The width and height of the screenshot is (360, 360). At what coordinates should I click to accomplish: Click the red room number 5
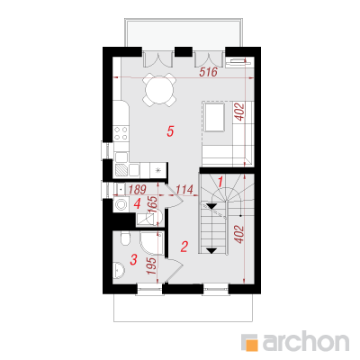pyautogui.click(x=170, y=131)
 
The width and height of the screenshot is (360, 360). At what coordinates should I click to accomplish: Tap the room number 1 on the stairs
pyautogui.click(x=220, y=182)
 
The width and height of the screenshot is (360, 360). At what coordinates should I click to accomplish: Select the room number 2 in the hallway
pyautogui.click(x=184, y=247)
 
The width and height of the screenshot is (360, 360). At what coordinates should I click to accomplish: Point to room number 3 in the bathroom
pyautogui.click(x=133, y=259)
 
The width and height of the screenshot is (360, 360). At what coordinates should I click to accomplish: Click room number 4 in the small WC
pyautogui.click(x=137, y=204)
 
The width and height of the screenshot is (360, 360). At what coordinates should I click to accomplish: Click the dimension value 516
pyautogui.click(x=208, y=72)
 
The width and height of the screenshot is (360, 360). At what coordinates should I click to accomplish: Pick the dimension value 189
pyautogui.click(x=138, y=190)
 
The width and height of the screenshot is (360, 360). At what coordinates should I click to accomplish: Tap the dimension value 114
pyautogui.click(x=184, y=190)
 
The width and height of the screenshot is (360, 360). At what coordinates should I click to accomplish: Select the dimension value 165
pyautogui.click(x=153, y=204)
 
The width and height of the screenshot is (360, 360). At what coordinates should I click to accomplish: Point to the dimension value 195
pyautogui.click(x=152, y=265)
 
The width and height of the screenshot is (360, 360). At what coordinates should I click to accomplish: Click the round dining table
pyautogui.click(x=159, y=90)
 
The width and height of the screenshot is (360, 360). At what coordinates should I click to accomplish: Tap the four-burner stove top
pyautogui.click(x=121, y=133)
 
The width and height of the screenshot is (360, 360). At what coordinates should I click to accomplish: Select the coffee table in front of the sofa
pyautogui.click(x=214, y=117)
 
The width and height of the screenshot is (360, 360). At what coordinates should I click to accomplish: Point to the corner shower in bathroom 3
pyautogui.click(x=152, y=243)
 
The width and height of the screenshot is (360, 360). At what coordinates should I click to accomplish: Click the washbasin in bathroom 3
pyautogui.click(x=120, y=270)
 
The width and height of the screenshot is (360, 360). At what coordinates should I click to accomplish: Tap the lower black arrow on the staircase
pyautogui.click(x=211, y=251)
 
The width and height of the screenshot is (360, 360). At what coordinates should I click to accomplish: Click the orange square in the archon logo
pyautogui.click(x=251, y=345)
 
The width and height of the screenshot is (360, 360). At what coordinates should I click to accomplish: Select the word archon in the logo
pyautogui.click(x=306, y=340)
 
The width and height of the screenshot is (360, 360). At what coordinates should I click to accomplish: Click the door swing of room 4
pyautogui.click(x=174, y=196)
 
